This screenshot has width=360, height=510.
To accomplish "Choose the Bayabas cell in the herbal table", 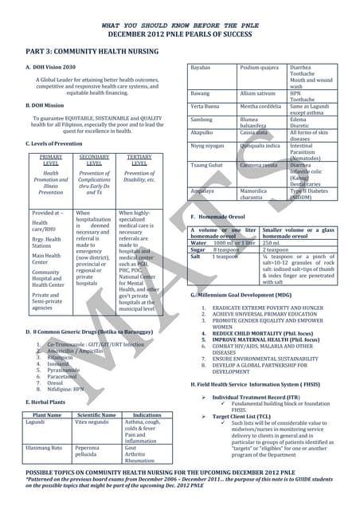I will [x=201, y=68].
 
